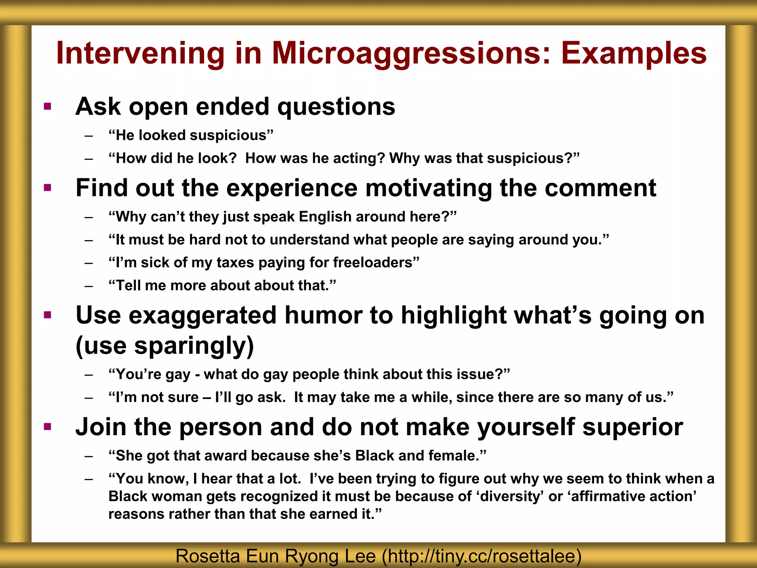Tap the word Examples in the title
pos(634,54)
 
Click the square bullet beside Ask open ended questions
pos(47,107)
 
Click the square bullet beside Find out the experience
pos(47,188)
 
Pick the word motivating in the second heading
pos(428,188)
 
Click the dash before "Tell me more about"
pos(88,286)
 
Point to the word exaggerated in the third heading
pos(202,315)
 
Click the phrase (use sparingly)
pos(165,345)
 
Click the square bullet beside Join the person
pos(47,427)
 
